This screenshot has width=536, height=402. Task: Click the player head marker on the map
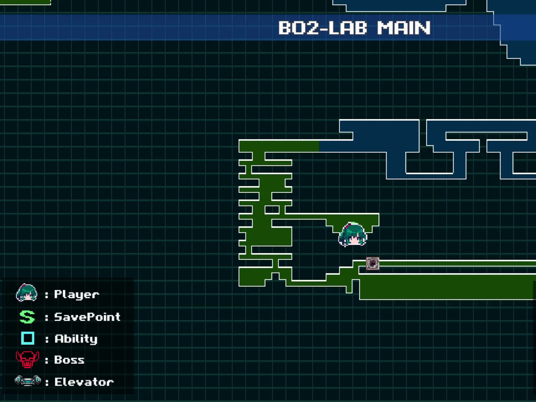[x=353, y=234]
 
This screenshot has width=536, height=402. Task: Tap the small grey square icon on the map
[x=373, y=264]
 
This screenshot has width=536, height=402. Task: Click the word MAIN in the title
[x=404, y=28]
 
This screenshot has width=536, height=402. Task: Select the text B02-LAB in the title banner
[x=322, y=28]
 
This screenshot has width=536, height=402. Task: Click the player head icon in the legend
[x=27, y=293]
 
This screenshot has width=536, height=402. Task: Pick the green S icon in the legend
[x=27, y=317]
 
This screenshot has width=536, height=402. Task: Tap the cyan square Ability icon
[x=28, y=338]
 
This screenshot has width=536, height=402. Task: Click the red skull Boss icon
[x=27, y=360]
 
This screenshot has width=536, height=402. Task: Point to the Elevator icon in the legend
[x=28, y=381]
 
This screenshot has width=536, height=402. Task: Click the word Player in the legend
[x=76, y=294]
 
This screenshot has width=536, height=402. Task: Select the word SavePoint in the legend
[x=87, y=317]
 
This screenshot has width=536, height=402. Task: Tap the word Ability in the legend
[x=76, y=339]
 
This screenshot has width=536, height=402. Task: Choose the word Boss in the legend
[x=69, y=360]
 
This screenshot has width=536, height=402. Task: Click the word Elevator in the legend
[x=84, y=382]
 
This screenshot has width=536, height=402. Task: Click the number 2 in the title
[x=312, y=28]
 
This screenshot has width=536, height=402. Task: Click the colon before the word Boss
[x=47, y=360]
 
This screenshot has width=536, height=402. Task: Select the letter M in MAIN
[x=385, y=28]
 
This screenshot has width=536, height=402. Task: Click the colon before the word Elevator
[x=47, y=382]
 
